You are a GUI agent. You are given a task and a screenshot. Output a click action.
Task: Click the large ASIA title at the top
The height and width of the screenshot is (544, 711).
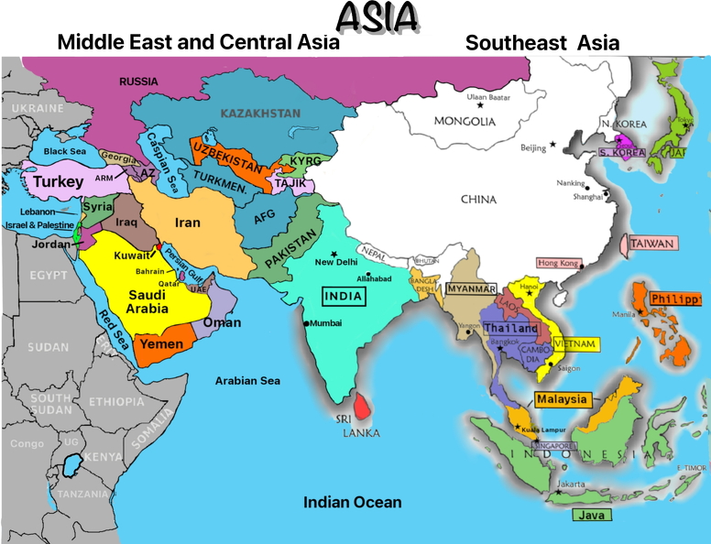pos(377,16)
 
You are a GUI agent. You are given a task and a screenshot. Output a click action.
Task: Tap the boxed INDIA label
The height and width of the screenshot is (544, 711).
pos(344,296)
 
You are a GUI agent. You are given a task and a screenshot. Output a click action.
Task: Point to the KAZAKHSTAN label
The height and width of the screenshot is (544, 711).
pos(260,114)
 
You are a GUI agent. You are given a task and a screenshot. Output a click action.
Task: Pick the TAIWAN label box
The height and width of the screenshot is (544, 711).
pos(653,244)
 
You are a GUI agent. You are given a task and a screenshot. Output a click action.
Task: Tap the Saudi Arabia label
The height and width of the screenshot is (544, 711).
pos(147,301)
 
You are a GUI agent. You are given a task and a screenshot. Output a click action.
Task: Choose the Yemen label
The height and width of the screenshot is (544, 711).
pos(160,344)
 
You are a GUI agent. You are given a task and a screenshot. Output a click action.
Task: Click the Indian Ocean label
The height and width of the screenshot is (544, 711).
pos(352,502)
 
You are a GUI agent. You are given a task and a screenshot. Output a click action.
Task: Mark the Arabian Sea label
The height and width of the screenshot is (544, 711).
pos(247,380)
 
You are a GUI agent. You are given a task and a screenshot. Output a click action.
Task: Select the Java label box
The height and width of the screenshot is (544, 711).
pos(593,515)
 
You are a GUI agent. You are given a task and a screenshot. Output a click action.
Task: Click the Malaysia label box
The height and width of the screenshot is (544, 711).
pos(562,399)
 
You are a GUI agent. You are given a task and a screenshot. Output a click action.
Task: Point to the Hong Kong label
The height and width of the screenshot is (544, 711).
pos(558,263)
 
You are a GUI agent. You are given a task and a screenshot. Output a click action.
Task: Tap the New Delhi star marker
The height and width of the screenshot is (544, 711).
pos(334,254)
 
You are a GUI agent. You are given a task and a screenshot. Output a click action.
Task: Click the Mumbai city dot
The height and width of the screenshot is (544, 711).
pos(306,322)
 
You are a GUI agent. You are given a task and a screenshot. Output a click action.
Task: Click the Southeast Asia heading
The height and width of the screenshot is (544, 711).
pos(541,42)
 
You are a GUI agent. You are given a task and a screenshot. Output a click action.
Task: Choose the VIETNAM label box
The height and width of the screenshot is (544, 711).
pos(574,343)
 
